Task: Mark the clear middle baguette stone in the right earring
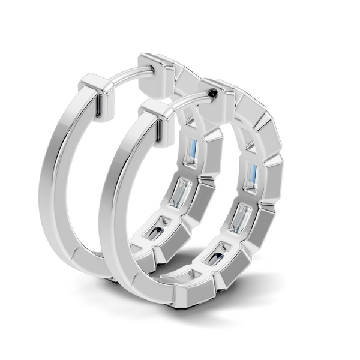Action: tap(241, 218)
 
